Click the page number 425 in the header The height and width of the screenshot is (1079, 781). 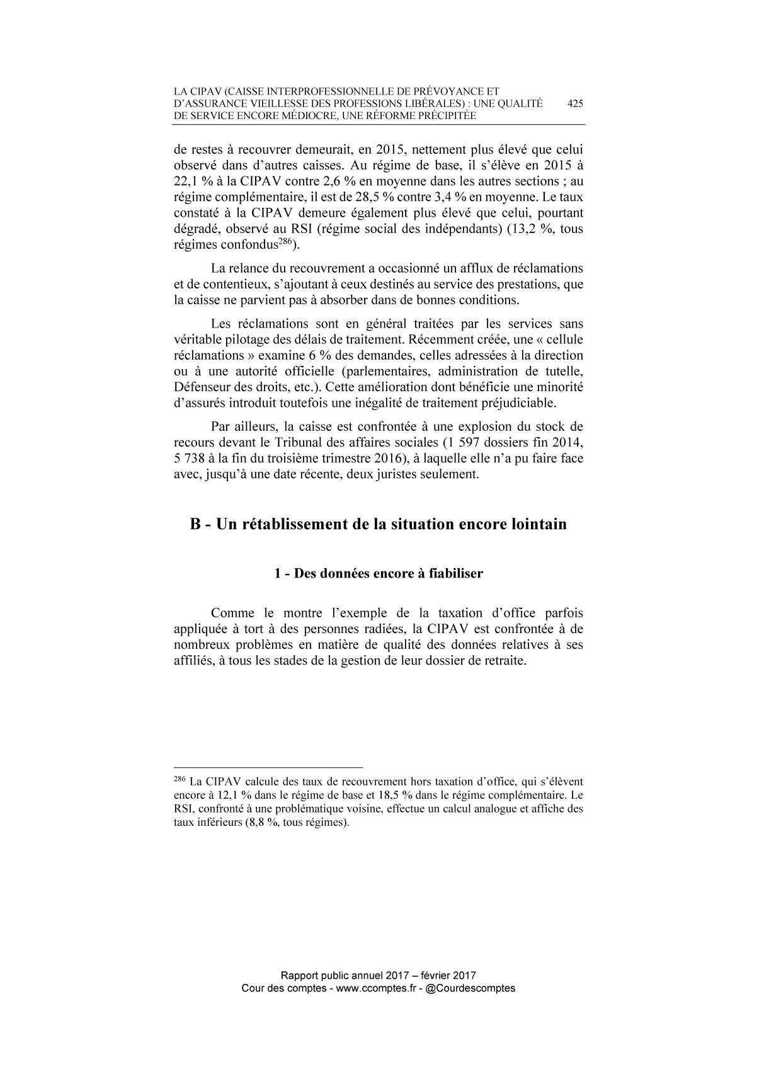tap(575, 105)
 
